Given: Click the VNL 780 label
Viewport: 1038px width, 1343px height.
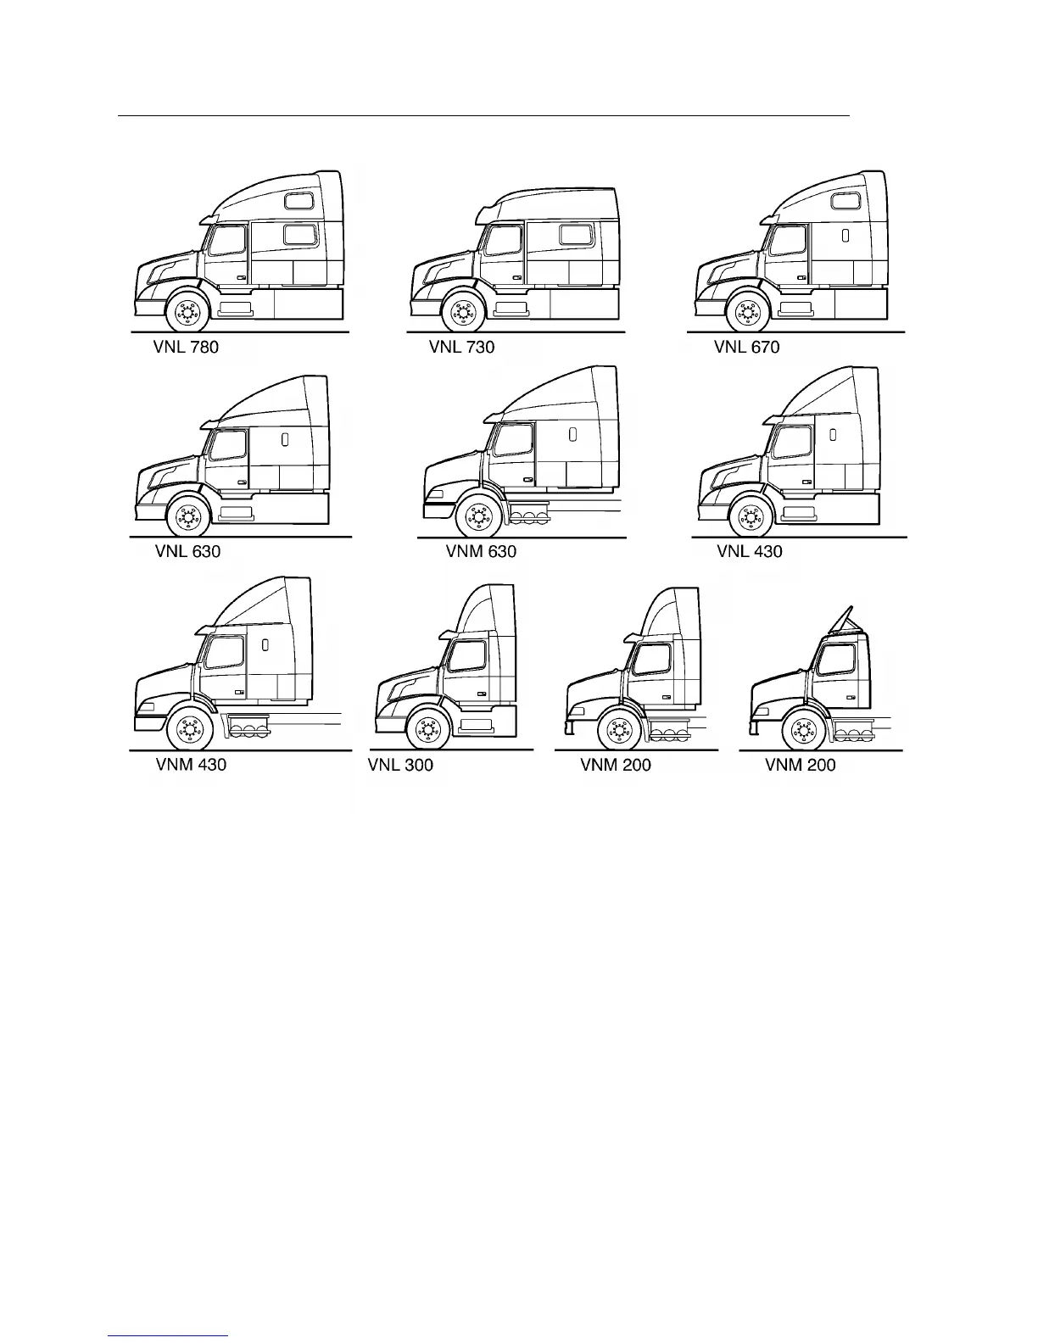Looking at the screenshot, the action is tap(186, 347).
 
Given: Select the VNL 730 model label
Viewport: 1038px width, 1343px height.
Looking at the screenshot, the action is tap(461, 347).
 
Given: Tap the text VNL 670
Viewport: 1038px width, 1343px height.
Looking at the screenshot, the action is tap(746, 347).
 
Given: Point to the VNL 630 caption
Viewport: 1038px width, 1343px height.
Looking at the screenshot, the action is tap(187, 551).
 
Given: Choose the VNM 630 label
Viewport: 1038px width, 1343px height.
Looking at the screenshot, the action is tap(481, 551).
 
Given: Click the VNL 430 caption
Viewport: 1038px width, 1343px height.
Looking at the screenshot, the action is tap(750, 551).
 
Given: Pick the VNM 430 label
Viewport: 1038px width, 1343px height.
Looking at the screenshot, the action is tap(191, 764).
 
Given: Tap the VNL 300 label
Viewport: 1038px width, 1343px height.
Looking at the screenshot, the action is tap(400, 765).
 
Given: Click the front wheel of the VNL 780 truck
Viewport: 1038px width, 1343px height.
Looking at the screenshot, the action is tap(186, 313).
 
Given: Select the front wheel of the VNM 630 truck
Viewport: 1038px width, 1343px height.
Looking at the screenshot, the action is tap(477, 516).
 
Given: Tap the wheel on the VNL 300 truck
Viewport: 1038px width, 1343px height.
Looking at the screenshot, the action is tap(428, 730).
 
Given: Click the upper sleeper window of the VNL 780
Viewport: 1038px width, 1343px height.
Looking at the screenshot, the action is tap(299, 201).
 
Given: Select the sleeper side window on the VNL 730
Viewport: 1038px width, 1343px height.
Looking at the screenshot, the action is tap(574, 234).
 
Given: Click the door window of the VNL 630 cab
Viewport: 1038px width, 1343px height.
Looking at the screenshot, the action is tap(227, 445).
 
